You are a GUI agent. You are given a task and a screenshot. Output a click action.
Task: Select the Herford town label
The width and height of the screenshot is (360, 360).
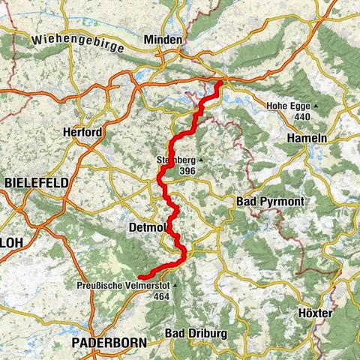pyautogui.click(x=83, y=132)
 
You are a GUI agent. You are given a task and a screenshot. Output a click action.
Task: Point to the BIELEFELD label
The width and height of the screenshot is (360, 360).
pyautogui.click(x=37, y=183)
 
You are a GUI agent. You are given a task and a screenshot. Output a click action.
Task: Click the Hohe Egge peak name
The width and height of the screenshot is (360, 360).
pyautogui.click(x=289, y=106)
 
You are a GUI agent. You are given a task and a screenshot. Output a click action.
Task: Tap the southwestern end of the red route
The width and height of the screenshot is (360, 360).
pyautogui.click(x=140, y=277)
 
